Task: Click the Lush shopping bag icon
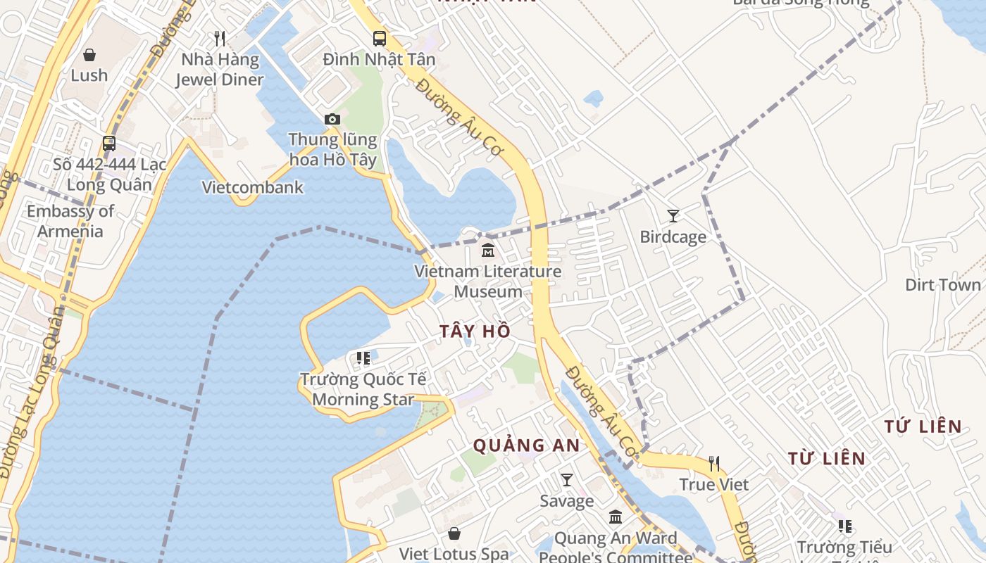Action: click(89, 55)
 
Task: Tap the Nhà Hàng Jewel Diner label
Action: click(219, 70)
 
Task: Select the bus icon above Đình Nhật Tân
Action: click(380, 39)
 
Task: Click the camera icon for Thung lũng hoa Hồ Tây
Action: click(332, 120)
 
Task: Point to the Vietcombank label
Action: click(253, 187)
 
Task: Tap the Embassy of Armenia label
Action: click(70, 221)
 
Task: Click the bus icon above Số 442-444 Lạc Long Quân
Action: click(109, 144)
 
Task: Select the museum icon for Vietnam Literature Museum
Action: click(487, 250)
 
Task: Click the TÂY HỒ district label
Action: click(475, 331)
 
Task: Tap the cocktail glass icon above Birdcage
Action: click(673, 216)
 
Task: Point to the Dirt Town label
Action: click(942, 284)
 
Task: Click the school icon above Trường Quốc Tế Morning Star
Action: click(363, 359)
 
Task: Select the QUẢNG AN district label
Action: click(526, 445)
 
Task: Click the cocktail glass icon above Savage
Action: click(567, 480)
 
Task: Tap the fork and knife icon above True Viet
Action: click(714, 464)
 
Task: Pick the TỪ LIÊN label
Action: click(826, 459)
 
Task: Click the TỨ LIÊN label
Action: click(923, 426)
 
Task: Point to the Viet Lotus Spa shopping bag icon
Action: click(454, 534)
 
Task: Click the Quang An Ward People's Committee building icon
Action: click(616, 517)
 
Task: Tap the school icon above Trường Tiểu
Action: click(845, 526)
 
